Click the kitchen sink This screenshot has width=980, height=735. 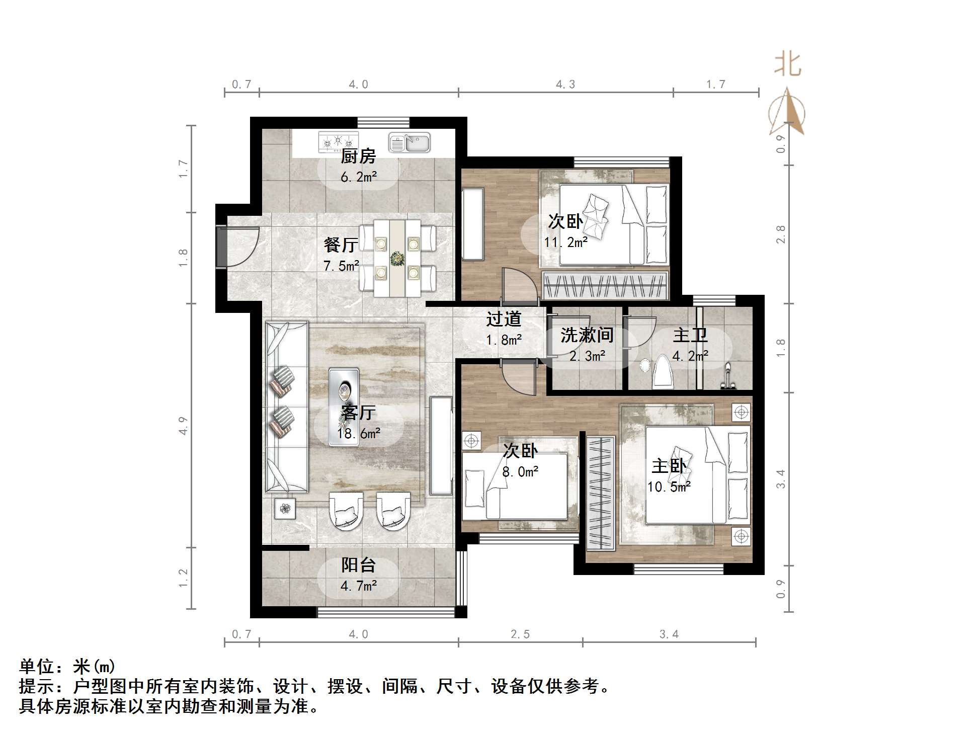click(409, 143)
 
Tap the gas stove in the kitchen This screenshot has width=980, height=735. click(338, 142)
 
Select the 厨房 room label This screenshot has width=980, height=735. click(358, 156)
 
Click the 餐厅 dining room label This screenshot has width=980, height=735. click(341, 245)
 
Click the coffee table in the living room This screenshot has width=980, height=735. click(344, 406)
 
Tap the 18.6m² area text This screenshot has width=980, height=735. click(358, 434)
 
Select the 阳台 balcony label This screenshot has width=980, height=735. click(358, 565)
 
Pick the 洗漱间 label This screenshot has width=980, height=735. click(587, 335)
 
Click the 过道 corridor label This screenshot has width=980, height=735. click(504, 319)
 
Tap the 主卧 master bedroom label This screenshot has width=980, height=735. click(669, 466)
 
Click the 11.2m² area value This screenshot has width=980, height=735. click(565, 243)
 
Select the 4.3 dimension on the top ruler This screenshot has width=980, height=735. click(565, 85)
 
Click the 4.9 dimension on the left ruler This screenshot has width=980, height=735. click(183, 426)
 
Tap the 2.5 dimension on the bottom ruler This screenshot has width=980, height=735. click(520, 634)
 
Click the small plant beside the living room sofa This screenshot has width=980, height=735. click(285, 509)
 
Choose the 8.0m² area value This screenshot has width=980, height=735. click(520, 472)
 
